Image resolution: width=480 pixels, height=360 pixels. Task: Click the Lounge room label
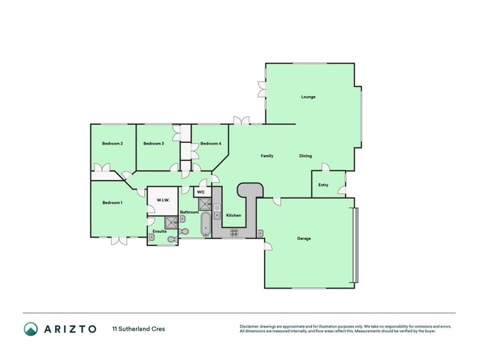[x=308, y=97]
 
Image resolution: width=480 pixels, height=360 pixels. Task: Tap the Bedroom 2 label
[x=112, y=143]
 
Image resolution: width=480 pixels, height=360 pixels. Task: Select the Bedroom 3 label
[x=154, y=143]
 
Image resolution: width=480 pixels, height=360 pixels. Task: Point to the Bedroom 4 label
[x=211, y=143]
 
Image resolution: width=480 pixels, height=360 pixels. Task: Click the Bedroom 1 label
[x=112, y=203]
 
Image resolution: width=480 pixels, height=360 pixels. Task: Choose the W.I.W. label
[x=163, y=200]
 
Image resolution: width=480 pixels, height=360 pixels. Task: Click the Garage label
[x=304, y=238]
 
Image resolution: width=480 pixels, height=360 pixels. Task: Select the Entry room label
[x=323, y=185]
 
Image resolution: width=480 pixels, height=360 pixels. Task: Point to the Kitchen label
[x=233, y=215]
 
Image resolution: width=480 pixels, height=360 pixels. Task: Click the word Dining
[x=305, y=156]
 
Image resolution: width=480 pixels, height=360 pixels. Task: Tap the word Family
[x=267, y=156]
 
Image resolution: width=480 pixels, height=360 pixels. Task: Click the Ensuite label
[x=159, y=231]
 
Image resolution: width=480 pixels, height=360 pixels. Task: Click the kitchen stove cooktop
[x=233, y=233]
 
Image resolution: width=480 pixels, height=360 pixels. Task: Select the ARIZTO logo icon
[x=31, y=329]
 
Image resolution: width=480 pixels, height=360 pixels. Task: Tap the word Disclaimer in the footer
[x=251, y=326]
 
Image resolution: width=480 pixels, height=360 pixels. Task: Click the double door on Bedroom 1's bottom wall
[x=118, y=240]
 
